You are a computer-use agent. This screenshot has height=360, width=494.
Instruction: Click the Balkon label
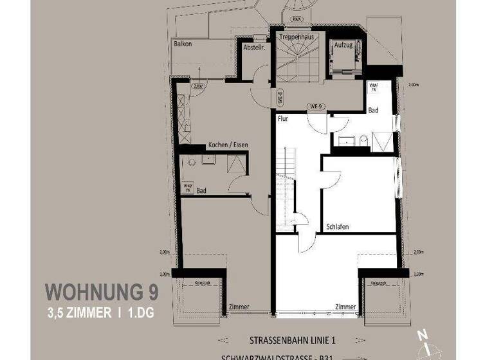[x=184, y=44]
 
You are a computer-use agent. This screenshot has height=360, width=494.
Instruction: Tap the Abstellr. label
[x=254, y=47]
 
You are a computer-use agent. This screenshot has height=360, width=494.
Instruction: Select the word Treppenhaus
[x=297, y=38]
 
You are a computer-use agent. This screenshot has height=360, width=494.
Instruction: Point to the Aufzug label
[x=342, y=46]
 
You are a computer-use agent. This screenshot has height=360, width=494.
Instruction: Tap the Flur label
[x=283, y=119]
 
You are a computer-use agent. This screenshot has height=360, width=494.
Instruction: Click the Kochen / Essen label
[x=228, y=145]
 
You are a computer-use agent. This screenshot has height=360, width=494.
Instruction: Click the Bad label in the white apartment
[x=373, y=111]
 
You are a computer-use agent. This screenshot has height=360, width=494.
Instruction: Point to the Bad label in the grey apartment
[x=201, y=190]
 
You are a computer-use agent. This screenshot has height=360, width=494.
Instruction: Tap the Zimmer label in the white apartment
[x=345, y=307]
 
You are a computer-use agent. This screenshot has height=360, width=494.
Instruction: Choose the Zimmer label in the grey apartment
[x=239, y=307]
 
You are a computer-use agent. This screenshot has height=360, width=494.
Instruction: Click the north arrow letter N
[x=421, y=334]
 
